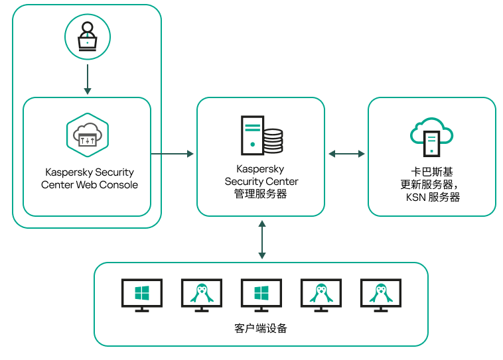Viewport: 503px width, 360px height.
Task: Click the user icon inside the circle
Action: (x=87, y=37)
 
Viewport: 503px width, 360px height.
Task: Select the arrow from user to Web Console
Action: (x=87, y=78)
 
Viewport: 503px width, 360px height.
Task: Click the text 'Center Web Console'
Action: (x=90, y=185)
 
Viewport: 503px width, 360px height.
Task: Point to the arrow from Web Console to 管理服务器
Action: (x=173, y=154)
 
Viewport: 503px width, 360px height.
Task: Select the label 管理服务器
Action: (x=261, y=194)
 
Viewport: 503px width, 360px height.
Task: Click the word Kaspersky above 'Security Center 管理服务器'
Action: (x=261, y=170)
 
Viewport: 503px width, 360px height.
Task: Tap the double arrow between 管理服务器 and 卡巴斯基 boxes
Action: (x=346, y=154)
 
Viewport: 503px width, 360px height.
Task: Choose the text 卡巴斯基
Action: (x=432, y=172)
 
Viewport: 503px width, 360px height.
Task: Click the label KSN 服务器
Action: (x=433, y=198)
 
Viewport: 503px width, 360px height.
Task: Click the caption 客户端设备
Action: (x=261, y=328)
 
